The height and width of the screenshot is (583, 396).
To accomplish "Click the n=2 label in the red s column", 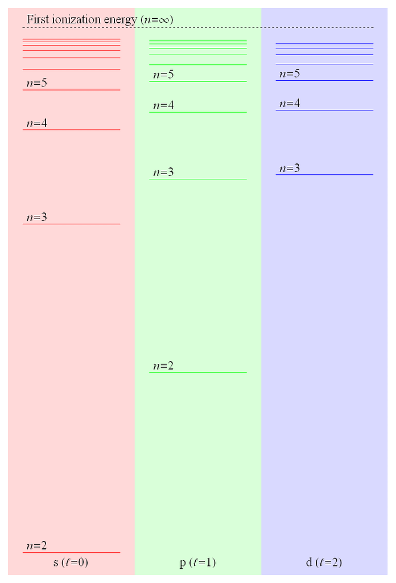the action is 37,545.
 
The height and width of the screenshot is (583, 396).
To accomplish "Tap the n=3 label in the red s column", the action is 37,217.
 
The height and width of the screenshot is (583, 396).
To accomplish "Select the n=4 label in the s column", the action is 37,123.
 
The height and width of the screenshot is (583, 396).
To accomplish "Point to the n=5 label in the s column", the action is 37,83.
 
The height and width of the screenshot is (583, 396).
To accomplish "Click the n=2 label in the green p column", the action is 163,366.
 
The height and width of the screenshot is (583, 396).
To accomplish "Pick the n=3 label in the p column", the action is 163,172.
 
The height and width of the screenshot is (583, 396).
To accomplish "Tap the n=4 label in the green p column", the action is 163,105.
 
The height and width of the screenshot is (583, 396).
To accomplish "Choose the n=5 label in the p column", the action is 163,75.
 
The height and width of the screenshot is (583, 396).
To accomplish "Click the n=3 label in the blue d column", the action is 290,168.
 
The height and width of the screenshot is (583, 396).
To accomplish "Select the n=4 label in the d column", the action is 290,103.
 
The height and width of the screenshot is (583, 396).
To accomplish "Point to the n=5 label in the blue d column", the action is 290,73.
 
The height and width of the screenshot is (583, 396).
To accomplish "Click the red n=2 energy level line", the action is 71,552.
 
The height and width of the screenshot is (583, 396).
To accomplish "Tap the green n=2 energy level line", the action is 198,372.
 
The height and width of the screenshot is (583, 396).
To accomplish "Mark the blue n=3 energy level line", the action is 324,174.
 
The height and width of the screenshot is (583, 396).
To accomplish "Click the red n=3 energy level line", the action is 71,224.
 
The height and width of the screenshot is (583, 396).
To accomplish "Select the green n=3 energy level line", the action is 198,179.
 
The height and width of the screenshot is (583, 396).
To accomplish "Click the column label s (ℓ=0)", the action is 71,562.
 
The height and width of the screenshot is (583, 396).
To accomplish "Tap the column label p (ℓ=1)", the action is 197,563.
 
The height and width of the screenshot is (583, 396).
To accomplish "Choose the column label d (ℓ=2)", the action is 324,562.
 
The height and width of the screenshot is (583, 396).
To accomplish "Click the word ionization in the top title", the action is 76,19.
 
